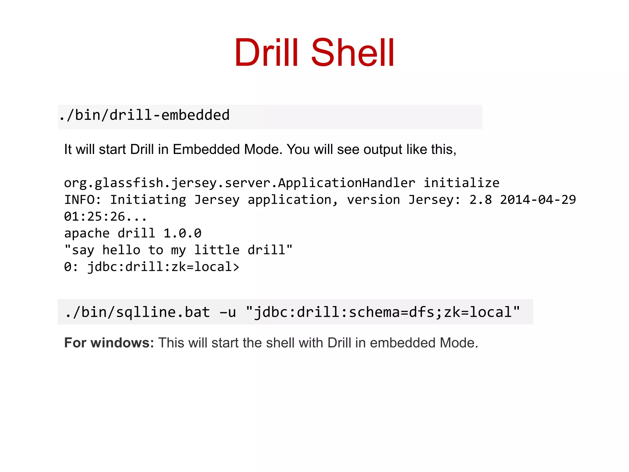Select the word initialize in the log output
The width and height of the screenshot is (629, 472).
(462, 183)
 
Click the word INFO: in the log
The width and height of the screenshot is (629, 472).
(82, 200)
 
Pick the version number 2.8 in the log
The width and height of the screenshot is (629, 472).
(480, 200)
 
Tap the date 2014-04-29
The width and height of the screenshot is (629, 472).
(538, 200)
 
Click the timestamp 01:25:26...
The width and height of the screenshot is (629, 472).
(95, 217)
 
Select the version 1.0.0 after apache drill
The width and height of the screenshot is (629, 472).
(182, 234)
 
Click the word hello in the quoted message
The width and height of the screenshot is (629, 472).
(121, 250)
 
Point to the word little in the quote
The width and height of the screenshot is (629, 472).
(217, 250)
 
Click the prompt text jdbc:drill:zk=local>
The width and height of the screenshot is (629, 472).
(163, 267)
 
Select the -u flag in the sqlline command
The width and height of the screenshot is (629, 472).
(228, 313)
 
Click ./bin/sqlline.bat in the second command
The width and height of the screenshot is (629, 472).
(138, 313)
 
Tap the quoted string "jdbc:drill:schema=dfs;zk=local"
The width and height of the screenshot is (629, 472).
(383, 313)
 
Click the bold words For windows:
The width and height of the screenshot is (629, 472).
(109, 343)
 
